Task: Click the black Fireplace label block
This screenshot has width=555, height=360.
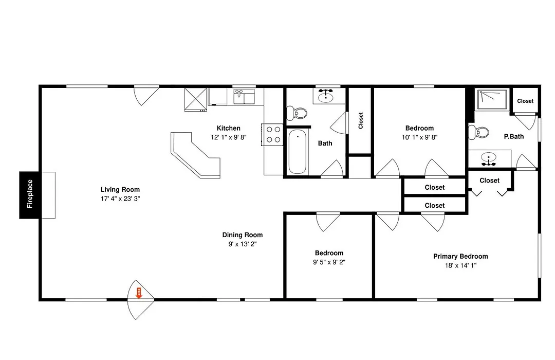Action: point(30,194)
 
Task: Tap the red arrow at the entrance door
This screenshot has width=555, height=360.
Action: point(139,293)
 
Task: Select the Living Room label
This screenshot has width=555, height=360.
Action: point(120,190)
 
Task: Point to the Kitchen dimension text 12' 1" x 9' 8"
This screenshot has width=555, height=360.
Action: point(228,137)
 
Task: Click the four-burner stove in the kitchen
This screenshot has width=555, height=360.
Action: point(272,135)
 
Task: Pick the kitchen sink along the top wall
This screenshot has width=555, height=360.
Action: point(244,97)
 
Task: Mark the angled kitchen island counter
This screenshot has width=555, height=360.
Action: point(196,155)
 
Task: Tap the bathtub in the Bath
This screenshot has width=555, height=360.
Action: point(298,152)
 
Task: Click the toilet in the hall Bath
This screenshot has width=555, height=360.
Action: point(297,113)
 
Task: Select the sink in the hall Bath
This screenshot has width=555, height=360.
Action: point(326,96)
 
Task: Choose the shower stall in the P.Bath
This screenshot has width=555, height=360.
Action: point(492,100)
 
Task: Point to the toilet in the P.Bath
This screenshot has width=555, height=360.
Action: point(478,133)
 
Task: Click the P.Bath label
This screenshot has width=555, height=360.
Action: point(513,136)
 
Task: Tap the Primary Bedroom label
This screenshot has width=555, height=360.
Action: point(460,256)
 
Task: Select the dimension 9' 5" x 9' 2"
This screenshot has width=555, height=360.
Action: point(329,262)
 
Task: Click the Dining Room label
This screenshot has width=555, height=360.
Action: point(243,235)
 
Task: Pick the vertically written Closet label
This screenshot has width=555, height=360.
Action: point(361,120)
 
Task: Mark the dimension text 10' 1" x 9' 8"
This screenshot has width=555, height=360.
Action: point(419,137)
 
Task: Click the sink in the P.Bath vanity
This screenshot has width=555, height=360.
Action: point(489,159)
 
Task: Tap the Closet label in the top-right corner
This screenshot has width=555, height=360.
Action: point(525,101)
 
